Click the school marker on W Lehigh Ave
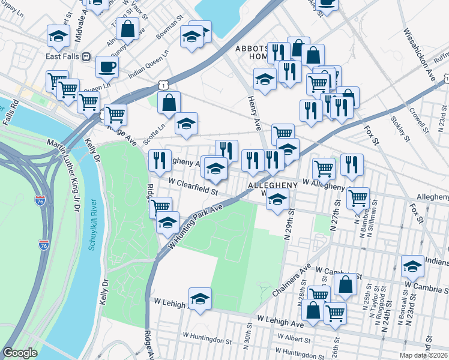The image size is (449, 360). click(x=200, y=298)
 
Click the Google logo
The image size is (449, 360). click(x=20, y=353)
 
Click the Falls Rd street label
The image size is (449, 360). click(x=12, y=112)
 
